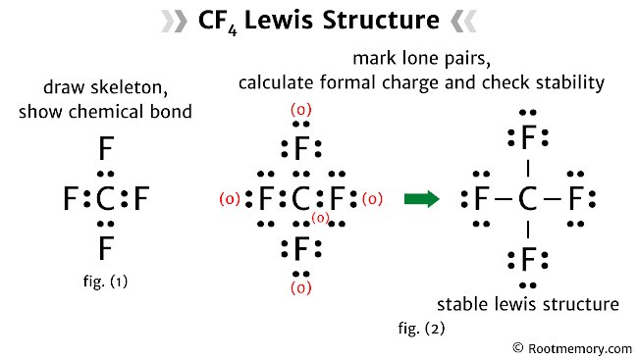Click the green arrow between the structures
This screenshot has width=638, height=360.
[422, 199]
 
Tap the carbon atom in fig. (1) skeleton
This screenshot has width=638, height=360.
[105, 199]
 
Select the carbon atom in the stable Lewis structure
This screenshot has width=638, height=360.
[528, 199]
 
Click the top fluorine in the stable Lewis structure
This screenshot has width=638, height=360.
[528, 137]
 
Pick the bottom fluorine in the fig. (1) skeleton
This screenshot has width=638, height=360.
[106, 248]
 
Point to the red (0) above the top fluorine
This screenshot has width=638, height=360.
[301, 110]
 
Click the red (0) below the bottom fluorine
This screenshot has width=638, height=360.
[301, 288]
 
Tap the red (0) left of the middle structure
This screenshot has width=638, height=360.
[230, 199]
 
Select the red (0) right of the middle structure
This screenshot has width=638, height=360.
[372, 199]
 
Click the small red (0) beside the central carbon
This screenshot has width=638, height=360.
[321, 218]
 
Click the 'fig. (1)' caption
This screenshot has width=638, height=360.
[105, 282]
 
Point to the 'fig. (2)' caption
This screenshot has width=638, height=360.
[421, 328]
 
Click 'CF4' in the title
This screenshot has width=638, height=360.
[217, 22]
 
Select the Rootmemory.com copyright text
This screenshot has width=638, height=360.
[572, 348]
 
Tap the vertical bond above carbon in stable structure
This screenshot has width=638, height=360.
[528, 168]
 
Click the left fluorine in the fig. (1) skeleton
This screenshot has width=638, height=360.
[71, 199]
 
